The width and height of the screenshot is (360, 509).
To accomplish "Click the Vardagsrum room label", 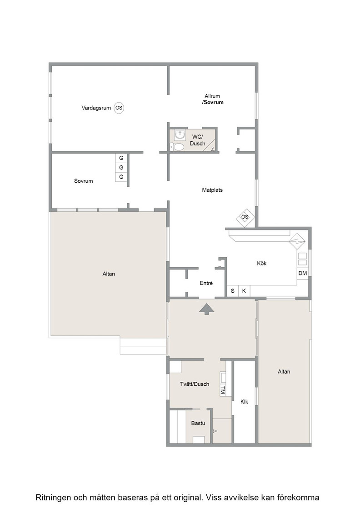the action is [x=96, y=108].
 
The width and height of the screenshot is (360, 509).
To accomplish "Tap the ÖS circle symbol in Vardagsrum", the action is [x=119, y=108].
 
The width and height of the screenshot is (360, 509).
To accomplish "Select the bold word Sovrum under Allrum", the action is [x=214, y=102].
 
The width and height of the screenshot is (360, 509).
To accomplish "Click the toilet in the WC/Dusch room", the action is [x=177, y=147].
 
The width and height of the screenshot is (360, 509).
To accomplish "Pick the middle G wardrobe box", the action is [x=121, y=168].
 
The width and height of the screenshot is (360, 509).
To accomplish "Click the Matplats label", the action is [x=212, y=190].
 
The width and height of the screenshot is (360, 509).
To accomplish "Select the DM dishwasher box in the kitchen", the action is [x=303, y=273].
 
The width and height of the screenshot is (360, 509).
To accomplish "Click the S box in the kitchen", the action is [x=232, y=291].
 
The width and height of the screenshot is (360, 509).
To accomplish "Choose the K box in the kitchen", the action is [x=244, y=291].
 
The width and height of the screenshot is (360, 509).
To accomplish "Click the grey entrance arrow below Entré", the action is [x=207, y=309].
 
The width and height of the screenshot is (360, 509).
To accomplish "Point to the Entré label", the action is [x=206, y=283].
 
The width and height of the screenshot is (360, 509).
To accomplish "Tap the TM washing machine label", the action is [x=223, y=390].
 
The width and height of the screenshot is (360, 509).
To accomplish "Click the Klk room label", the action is [x=244, y=402].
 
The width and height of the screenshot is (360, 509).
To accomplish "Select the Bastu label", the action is [x=198, y=423].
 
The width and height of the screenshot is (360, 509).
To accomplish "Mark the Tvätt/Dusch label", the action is [x=195, y=384].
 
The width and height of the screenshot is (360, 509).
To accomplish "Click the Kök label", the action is [x=262, y=263].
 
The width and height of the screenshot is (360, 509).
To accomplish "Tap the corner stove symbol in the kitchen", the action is [x=297, y=241].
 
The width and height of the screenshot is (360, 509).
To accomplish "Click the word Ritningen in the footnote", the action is [x=53, y=498].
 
